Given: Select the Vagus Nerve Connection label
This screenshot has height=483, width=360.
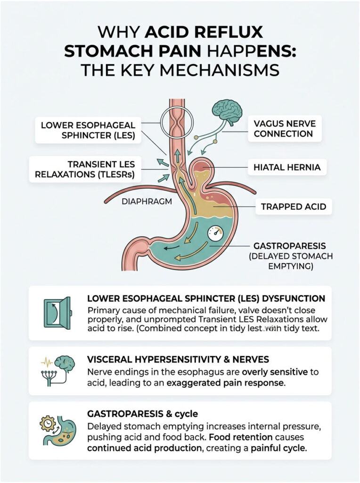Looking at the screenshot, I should tap(284, 128).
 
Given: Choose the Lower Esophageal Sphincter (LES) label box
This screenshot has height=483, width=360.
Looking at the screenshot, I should tap(89, 130).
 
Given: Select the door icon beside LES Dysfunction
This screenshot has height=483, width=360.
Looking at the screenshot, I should tap(57, 312).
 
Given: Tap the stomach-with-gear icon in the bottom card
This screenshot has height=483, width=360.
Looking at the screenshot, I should tap(57, 430).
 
